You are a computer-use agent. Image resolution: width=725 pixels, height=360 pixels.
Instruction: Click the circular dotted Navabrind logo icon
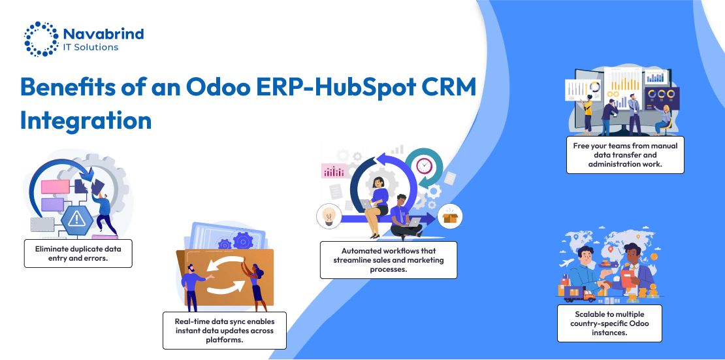tap(41, 39)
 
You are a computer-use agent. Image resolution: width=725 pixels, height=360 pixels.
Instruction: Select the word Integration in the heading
tap(86, 120)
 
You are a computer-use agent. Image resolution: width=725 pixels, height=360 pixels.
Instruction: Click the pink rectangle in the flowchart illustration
tap(55, 186)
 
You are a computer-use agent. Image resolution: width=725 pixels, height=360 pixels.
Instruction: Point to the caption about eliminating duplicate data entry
tap(78, 253)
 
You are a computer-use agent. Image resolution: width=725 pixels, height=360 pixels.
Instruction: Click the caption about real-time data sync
tap(224, 331)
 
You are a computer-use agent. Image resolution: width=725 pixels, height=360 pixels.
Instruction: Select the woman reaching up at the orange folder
tap(255, 287)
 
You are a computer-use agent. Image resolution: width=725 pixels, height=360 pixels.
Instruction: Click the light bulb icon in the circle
tap(329, 216)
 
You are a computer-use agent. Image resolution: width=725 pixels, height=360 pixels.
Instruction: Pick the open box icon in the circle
tap(450, 216)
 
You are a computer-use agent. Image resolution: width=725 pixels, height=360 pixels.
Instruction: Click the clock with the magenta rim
tap(423, 165)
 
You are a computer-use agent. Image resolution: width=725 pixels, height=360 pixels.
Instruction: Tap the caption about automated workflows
tap(389, 259)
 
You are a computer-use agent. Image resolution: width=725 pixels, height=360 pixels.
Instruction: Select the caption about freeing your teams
tap(625, 155)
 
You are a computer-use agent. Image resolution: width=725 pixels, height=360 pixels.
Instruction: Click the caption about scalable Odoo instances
tap(609, 323)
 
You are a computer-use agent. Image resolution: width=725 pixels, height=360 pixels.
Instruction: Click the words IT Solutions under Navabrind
tap(91, 47)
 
